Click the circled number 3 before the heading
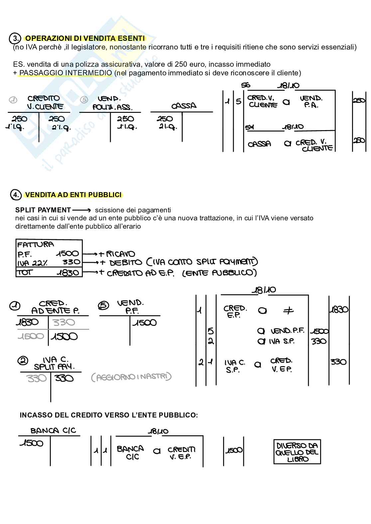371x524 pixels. coord(15,38)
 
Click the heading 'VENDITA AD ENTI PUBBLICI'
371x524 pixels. coord(73,195)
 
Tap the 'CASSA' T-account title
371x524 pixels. coord(184,106)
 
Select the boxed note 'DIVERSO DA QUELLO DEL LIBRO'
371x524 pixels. coord(297,452)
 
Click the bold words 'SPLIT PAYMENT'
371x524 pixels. coord(43,210)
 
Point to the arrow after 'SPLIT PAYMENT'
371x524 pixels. coord(81,210)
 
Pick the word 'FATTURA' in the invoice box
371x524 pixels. coord(35,245)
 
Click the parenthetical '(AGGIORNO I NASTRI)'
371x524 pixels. coord(131,377)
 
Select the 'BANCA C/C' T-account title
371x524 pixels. coord(53,431)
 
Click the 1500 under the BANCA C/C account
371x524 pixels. coord(32,443)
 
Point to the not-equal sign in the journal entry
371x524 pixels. coord(288,311)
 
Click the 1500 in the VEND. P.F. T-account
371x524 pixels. coord(145,323)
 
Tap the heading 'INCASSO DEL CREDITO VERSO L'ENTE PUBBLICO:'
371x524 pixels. coord(109,415)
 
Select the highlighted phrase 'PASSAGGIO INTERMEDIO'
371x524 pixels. coord(65,73)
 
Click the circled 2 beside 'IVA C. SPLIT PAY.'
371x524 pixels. coord(23,360)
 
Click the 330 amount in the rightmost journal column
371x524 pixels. coord(338,362)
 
